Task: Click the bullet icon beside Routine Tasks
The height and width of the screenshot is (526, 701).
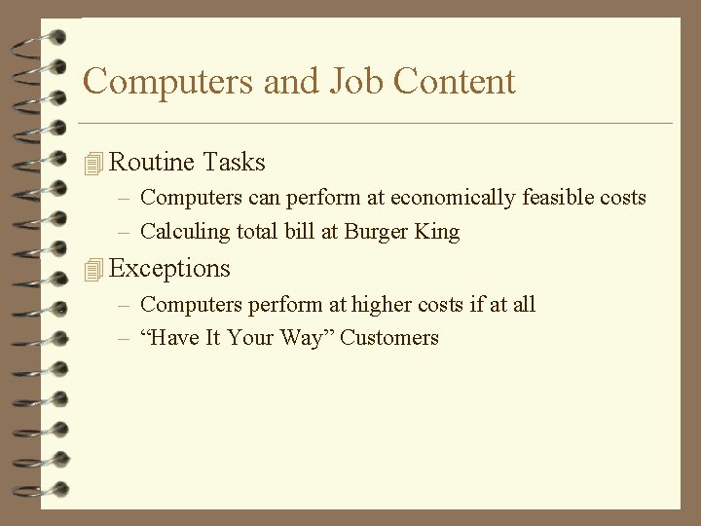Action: (93, 164)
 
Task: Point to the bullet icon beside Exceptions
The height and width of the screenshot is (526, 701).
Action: (93, 270)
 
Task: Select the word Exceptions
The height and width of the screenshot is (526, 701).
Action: (170, 268)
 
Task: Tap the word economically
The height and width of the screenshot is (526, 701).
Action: (454, 198)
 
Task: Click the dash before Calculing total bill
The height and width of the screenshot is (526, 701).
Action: (125, 232)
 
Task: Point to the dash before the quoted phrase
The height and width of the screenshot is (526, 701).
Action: (125, 338)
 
